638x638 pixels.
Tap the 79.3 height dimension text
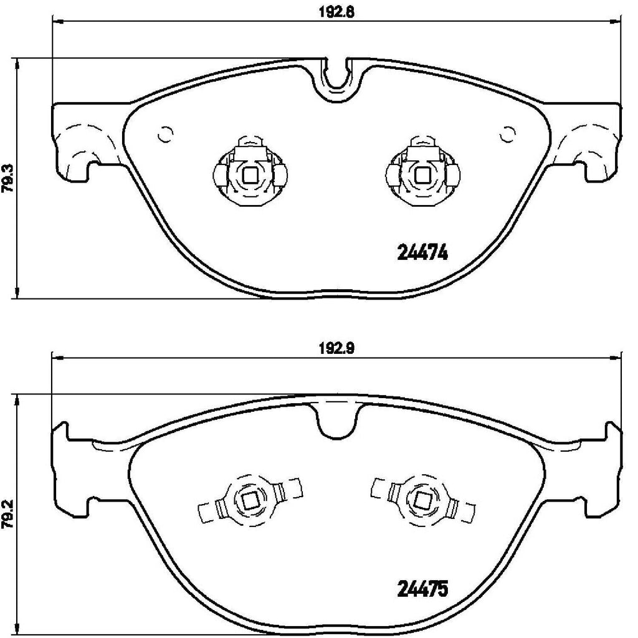point(8,179)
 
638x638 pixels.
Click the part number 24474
point(423,254)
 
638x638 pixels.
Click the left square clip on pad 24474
point(250,176)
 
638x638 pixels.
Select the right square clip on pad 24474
point(423,176)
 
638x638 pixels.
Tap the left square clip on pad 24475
point(250,499)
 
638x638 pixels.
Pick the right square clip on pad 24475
point(423,499)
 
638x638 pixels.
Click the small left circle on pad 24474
point(166,133)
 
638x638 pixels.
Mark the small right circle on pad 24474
point(508,133)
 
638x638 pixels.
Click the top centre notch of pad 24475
point(336,421)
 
